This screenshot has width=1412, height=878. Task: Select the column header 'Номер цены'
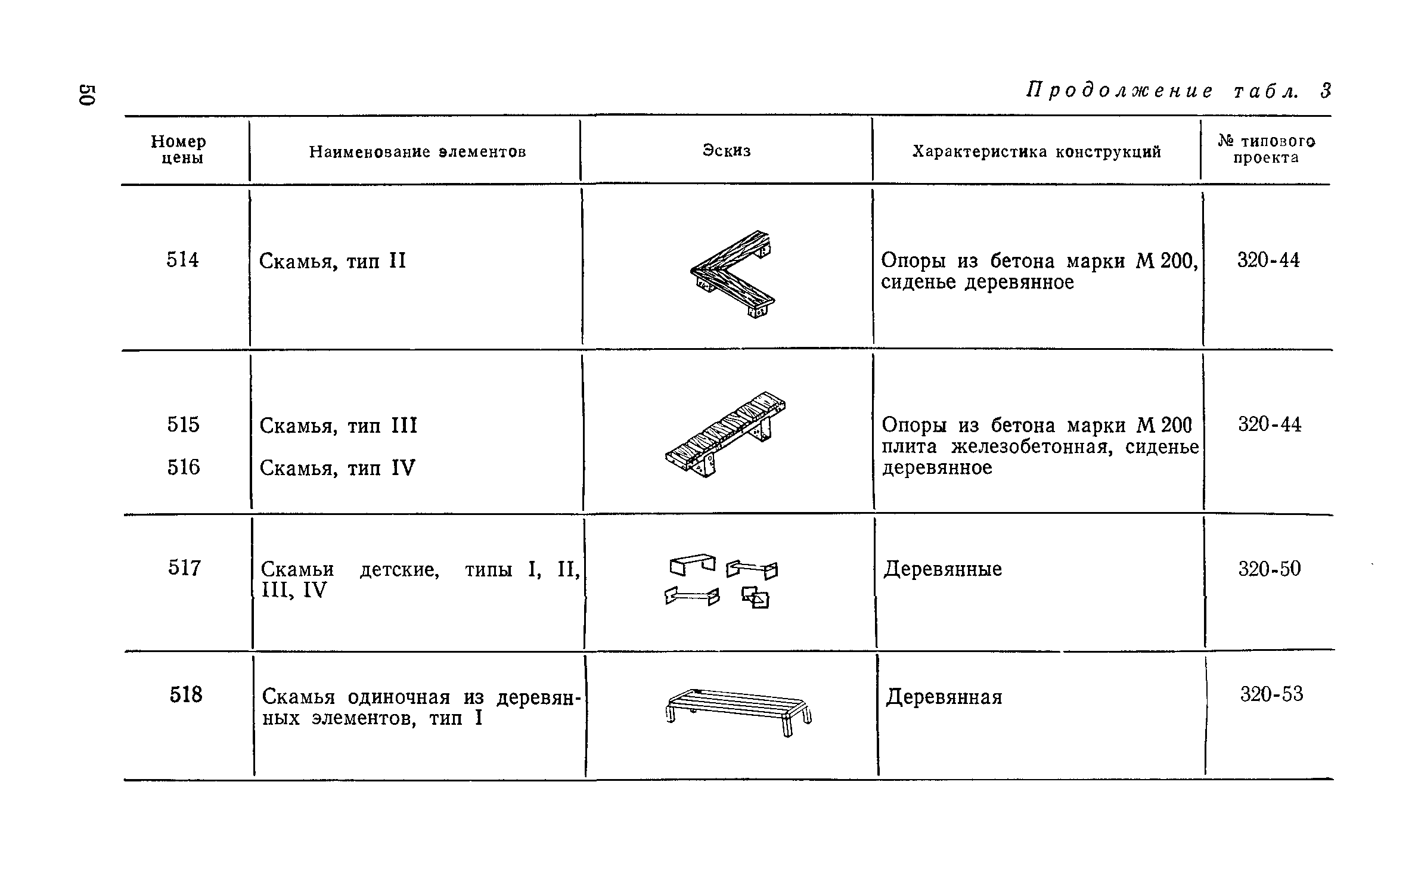click(x=178, y=150)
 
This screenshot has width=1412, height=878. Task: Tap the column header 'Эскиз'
click(x=727, y=151)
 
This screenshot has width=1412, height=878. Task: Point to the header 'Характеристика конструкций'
click(x=1036, y=152)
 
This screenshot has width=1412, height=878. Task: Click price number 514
click(x=182, y=260)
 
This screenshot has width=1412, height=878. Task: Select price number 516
click(x=184, y=467)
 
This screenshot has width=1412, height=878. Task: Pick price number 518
click(x=186, y=694)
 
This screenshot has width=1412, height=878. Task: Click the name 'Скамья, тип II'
click(x=333, y=261)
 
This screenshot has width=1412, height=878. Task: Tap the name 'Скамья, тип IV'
click(x=337, y=468)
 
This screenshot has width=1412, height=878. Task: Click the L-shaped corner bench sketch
click(x=733, y=274)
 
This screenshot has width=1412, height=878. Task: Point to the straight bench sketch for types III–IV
click(x=725, y=433)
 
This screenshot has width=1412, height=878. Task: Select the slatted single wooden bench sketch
click(x=738, y=711)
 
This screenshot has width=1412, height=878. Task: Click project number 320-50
click(x=1270, y=569)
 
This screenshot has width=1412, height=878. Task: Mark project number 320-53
click(x=1271, y=694)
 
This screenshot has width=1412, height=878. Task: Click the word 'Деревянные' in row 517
click(x=942, y=569)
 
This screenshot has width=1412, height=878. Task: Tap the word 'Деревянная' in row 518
click(x=944, y=697)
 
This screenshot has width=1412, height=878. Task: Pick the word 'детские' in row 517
click(x=399, y=570)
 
